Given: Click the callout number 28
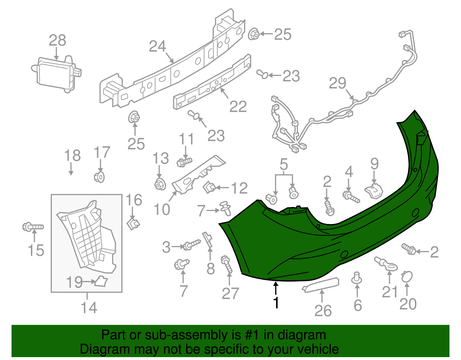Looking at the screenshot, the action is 57,40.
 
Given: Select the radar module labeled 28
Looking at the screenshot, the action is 56,74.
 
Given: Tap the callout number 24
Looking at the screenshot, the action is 158,46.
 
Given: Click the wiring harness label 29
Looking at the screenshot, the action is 337,83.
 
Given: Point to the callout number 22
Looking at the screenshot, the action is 238,107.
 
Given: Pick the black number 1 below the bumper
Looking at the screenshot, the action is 276,303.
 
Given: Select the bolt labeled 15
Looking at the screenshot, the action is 33,227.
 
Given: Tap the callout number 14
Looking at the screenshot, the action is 89,308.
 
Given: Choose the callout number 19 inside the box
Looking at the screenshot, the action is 75,282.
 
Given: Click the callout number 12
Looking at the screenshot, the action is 239,188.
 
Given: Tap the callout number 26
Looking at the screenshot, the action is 323,311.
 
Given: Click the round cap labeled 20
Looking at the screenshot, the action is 407,277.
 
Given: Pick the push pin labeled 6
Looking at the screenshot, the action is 357,278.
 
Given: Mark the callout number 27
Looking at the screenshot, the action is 230,294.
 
